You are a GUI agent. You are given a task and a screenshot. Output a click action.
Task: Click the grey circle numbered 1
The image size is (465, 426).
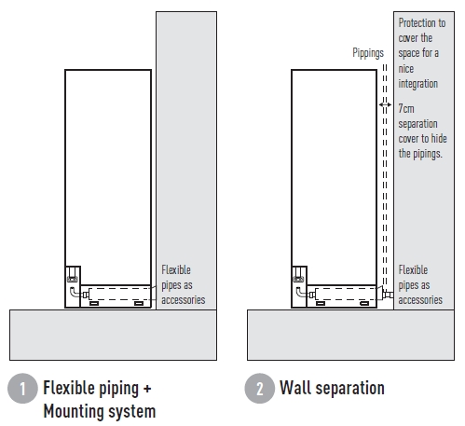tap(22, 388)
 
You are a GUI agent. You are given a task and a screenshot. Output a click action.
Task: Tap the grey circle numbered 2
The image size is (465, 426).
tap(260, 388)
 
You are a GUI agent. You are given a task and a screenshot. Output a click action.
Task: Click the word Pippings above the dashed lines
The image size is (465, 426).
tap(368, 53)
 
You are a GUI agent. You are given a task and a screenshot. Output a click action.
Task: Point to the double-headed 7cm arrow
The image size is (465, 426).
tap(385, 104)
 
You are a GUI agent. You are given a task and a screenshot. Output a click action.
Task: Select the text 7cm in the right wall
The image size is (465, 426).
tap(406, 109)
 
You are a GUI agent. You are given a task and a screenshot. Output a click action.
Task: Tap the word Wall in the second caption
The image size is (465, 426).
tap(295, 388)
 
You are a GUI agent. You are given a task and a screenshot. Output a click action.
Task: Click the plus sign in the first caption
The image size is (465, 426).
tap(147, 389)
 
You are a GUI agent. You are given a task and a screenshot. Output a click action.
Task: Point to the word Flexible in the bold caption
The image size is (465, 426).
tap(63, 388)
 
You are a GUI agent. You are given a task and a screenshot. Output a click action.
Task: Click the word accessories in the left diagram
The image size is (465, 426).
tap(184, 300)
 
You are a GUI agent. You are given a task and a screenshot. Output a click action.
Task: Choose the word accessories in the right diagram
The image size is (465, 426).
tap(420, 300)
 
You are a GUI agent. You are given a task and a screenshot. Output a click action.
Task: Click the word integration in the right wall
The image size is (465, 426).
tap(418, 84)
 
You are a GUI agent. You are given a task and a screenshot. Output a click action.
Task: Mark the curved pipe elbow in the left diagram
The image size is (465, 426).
tap(72, 292)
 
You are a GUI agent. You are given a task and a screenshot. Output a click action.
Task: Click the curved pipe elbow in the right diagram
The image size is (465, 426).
tap(298, 292)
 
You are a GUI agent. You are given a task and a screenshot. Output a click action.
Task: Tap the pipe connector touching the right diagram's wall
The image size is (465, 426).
tap(388, 294)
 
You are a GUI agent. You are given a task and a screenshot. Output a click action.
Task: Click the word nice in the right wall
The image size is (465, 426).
tap(406, 69)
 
